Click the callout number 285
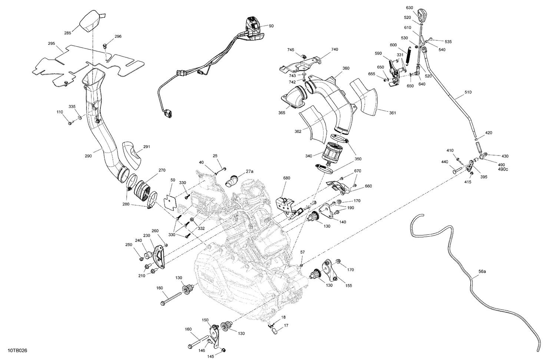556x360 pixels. (67, 33)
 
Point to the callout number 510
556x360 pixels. (468, 92)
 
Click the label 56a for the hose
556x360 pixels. (482, 271)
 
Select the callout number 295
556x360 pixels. (52, 44)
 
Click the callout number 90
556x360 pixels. (271, 26)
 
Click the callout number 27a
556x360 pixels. (249, 171)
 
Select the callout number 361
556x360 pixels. (392, 113)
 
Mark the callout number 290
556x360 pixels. (88, 156)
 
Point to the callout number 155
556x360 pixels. (348, 286)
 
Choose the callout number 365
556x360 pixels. (282, 113)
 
